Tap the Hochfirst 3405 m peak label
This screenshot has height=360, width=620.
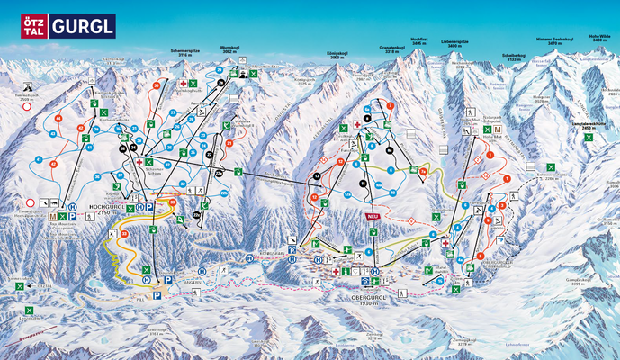418,40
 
